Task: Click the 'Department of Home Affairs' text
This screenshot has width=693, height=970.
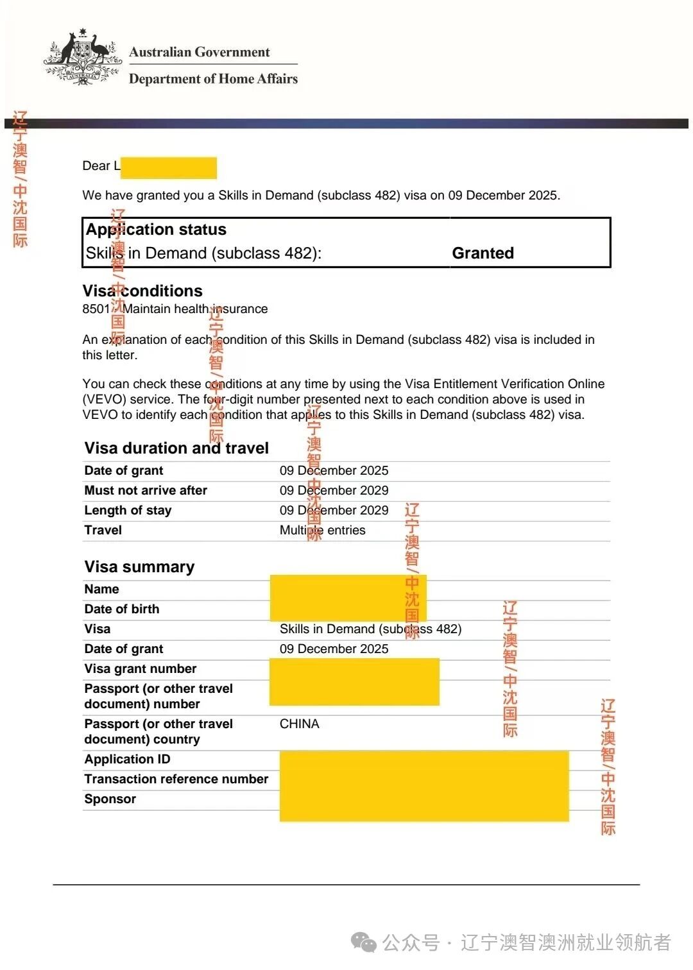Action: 213,79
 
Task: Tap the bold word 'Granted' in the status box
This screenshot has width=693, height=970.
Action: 483,253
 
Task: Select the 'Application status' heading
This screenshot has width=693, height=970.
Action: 156,230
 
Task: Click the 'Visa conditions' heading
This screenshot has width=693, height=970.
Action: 142,291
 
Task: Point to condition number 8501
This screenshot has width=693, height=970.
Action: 96,309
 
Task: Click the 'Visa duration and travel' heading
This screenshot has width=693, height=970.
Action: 176,448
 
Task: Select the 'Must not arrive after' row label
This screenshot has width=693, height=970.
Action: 146,490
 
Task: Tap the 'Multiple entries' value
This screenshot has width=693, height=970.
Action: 322,530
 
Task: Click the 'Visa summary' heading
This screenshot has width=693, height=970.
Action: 139,566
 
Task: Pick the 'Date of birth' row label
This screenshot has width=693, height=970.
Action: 121,609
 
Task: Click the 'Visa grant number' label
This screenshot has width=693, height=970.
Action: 140,668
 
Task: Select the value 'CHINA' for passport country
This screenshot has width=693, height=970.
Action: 299,724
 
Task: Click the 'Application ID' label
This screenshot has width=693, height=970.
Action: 127,759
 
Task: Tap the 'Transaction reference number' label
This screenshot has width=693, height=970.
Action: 176,779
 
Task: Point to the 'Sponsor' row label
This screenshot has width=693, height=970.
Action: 110,799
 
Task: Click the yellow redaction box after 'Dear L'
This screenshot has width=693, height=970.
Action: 169,167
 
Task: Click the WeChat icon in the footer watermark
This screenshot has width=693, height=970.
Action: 364,942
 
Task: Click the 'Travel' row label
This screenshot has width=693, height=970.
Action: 103,530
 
